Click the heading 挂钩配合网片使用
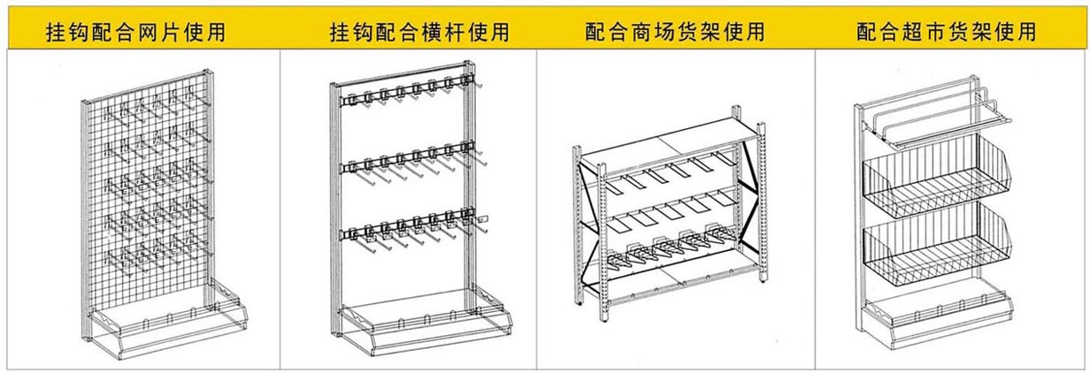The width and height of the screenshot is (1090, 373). [135, 33]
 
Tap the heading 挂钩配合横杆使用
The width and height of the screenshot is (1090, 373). [419, 33]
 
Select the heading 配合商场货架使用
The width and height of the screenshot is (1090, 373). [674, 32]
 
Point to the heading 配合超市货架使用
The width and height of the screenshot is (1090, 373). [946, 32]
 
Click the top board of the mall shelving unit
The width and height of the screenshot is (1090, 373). [670, 142]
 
